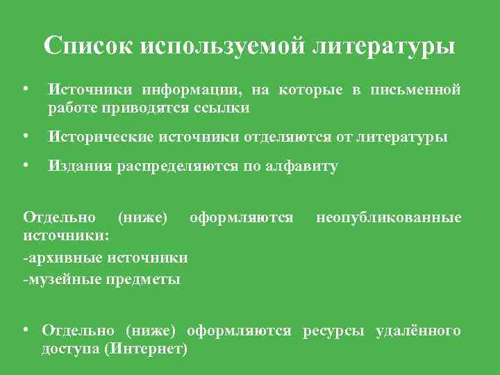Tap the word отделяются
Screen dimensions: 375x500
(294, 137)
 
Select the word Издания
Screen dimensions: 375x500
(74, 167)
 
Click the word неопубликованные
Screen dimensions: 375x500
(388, 218)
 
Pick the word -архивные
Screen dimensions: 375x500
(61, 258)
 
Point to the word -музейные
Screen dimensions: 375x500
(60, 279)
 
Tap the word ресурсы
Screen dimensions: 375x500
(336, 331)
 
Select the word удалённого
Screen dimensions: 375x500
(418, 331)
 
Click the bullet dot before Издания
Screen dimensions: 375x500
(26, 166)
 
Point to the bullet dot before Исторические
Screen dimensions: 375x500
(26, 137)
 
